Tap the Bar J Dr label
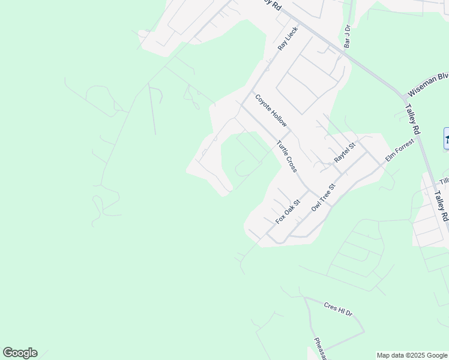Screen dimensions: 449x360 click(x=347, y=36)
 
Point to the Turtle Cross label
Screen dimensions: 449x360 click(x=286, y=156)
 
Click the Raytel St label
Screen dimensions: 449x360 click(x=345, y=152)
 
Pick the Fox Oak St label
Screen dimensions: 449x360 click(x=288, y=212)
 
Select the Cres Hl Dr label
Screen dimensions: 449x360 click(x=339, y=309)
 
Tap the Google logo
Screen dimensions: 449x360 click(x=20, y=353)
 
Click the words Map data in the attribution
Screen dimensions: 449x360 click(x=390, y=355)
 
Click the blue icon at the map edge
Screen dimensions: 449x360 click(x=446, y=139)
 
